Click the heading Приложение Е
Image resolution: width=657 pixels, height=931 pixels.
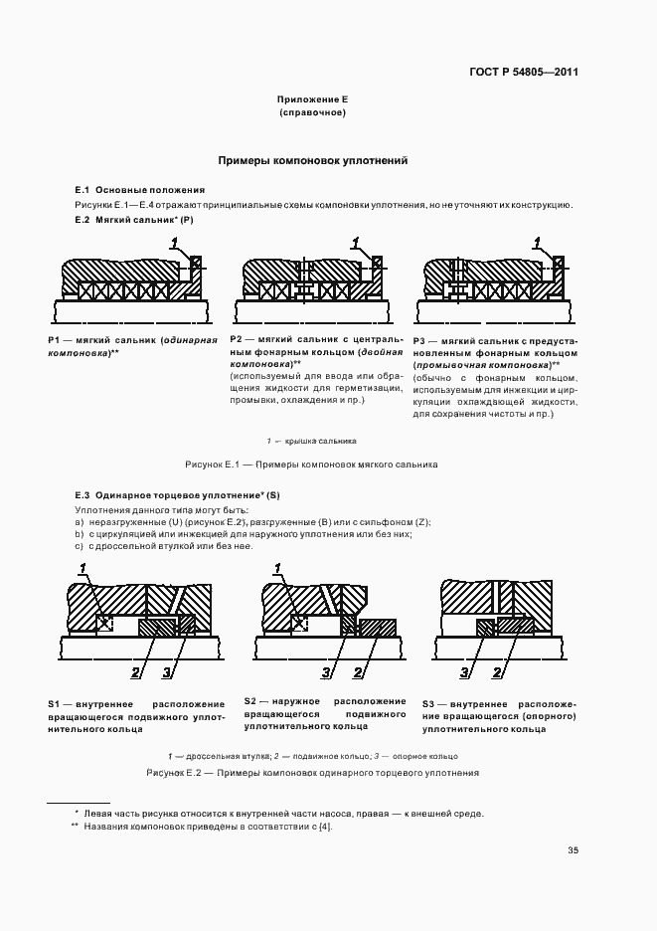tap(312, 100)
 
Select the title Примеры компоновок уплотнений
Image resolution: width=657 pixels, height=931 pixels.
tap(312, 160)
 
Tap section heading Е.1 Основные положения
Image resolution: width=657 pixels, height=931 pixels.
tap(140, 190)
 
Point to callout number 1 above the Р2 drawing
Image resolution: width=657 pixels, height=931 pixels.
tap(356, 242)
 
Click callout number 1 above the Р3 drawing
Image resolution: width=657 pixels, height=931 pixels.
tap(538, 242)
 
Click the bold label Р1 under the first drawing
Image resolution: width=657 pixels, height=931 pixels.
tap(56, 340)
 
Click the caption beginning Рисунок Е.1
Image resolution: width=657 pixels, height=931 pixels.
tap(312, 465)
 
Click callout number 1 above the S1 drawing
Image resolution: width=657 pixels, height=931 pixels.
tap(83, 567)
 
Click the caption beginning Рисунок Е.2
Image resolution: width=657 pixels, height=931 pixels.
tap(312, 772)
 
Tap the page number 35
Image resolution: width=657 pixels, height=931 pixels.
tap(573, 850)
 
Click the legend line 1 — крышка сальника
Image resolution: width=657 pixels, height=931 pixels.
tap(312, 441)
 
